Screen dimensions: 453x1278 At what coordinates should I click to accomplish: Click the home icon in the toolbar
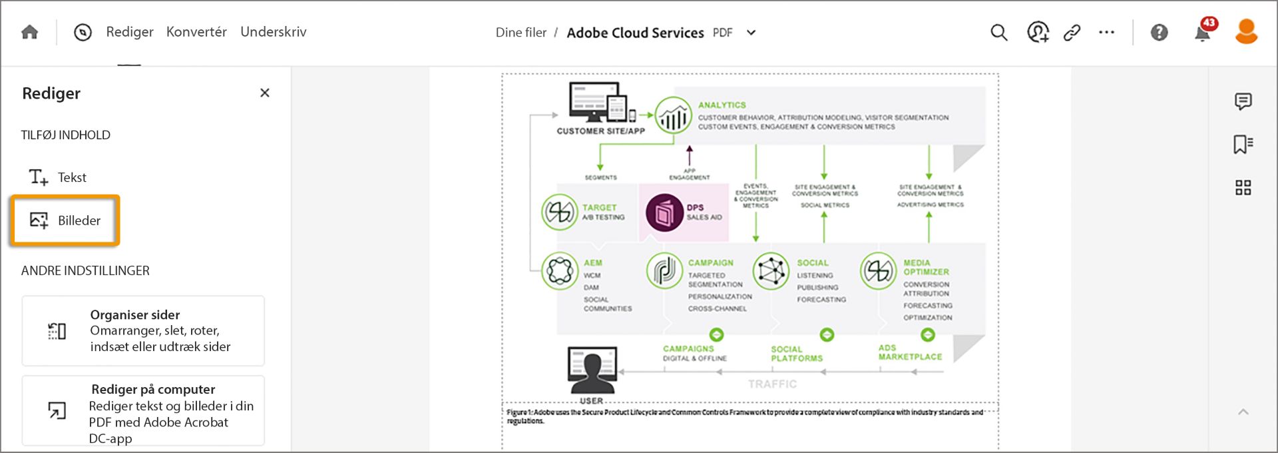click(x=30, y=32)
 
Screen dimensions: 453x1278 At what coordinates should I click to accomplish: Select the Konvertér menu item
click(x=196, y=32)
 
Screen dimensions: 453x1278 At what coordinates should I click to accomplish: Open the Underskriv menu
click(x=274, y=32)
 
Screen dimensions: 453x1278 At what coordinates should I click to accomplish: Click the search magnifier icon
click(x=998, y=32)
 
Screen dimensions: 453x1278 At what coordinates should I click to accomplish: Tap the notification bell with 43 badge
click(x=1203, y=32)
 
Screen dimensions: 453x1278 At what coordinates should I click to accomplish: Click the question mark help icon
click(x=1159, y=32)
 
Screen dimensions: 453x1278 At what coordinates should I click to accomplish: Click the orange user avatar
click(x=1246, y=31)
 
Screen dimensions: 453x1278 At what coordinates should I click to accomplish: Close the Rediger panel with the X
click(x=265, y=93)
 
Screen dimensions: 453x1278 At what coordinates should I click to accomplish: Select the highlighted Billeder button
click(x=65, y=221)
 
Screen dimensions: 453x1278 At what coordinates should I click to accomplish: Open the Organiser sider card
click(x=143, y=330)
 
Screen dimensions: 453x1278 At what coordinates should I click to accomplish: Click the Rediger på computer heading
click(x=153, y=389)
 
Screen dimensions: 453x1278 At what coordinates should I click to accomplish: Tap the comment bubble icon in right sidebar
click(x=1243, y=101)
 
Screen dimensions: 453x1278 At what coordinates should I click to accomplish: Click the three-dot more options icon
click(x=1106, y=32)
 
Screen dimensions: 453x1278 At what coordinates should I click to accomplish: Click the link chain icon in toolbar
click(x=1072, y=32)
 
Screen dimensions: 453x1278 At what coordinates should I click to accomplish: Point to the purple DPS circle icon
click(x=664, y=213)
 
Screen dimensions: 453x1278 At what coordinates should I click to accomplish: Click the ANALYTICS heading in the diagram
click(x=722, y=105)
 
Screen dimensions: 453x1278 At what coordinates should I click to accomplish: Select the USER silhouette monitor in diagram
click(x=592, y=370)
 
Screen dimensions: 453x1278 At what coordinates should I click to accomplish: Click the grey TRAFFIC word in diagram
click(x=772, y=384)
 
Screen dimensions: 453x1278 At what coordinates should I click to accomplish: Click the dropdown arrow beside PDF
click(x=751, y=33)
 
